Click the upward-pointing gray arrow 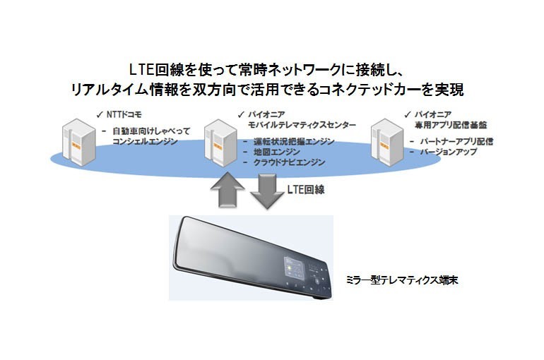click(x=227, y=190)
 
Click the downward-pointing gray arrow click(x=267, y=191)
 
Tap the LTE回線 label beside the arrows click(x=306, y=189)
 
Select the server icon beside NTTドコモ click(x=78, y=142)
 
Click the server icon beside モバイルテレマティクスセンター click(x=220, y=143)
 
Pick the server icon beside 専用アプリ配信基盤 click(x=387, y=143)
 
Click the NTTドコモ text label click(x=124, y=114)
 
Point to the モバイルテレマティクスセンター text click(x=302, y=125)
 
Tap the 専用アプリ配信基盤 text click(x=451, y=125)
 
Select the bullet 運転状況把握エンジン click(x=294, y=141)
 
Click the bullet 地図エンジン click(x=277, y=152)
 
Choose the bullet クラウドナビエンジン click(x=290, y=162)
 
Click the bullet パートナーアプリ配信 click(x=456, y=141)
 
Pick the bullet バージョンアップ click(x=449, y=152)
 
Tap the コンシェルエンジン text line click(x=145, y=141)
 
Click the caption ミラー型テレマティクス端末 click(x=402, y=280)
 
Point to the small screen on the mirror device click(x=294, y=267)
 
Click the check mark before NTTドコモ click(x=100, y=114)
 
